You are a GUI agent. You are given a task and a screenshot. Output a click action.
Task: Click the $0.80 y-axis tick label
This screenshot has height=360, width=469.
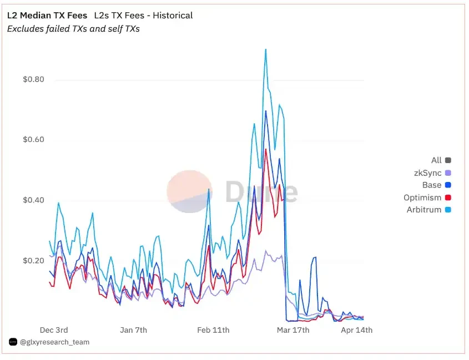(33, 79)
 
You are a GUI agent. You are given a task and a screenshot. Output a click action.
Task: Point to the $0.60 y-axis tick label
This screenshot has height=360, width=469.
(33, 140)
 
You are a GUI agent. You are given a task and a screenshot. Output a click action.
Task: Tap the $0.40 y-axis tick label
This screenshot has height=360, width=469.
(33, 200)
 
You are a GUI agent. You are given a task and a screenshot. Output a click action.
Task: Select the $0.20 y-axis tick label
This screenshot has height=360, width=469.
(33, 260)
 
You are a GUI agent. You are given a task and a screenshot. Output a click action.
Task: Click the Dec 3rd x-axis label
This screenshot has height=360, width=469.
(54, 330)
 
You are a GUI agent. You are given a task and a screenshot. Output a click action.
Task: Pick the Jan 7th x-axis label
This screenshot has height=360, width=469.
(133, 330)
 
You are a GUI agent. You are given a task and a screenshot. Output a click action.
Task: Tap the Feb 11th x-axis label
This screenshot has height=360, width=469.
(213, 330)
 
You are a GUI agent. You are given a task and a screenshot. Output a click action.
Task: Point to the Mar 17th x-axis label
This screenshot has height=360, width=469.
(293, 330)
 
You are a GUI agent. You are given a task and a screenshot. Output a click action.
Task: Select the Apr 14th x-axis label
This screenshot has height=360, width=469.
(356, 330)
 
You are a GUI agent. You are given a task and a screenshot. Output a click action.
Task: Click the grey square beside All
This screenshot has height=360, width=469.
(448, 160)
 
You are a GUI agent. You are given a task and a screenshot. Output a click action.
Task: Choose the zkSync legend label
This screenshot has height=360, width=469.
(427, 173)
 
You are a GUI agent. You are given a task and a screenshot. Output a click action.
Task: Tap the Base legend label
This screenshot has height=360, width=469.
(431, 185)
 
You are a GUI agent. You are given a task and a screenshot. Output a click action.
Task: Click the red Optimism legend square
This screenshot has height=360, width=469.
(448, 197)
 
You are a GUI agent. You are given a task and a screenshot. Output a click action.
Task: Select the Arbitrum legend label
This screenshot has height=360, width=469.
(423, 210)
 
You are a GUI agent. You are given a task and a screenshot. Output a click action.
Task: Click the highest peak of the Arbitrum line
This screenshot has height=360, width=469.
(266, 49)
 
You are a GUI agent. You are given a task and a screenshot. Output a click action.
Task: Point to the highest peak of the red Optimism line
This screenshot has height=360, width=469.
(266, 149)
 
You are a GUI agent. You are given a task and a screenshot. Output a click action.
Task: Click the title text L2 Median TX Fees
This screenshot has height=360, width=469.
(47, 16)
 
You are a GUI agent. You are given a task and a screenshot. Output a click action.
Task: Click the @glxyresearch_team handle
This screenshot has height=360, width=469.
(54, 342)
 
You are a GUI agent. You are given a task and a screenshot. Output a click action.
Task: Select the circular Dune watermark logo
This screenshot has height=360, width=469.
(189, 191)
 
